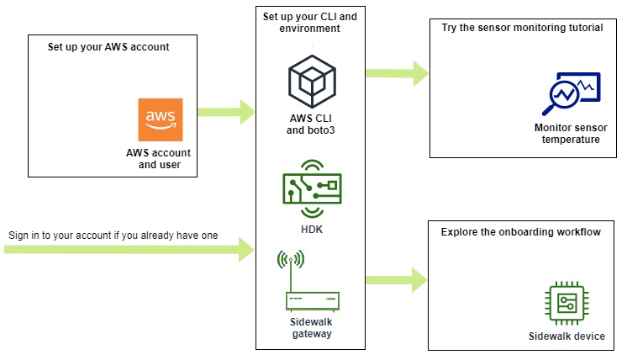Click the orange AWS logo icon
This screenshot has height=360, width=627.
[x=161, y=120]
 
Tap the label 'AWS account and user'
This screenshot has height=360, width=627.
[x=159, y=159]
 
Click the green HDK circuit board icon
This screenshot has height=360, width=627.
[x=312, y=188]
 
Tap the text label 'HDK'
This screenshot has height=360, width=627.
[x=312, y=229]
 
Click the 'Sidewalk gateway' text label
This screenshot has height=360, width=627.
[x=312, y=328]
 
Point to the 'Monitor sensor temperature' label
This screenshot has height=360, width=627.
[x=571, y=134]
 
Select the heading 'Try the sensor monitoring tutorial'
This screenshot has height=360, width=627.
[x=522, y=27]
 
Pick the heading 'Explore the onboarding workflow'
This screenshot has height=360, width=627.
[x=520, y=231]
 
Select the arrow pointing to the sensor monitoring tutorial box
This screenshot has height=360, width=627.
[x=396, y=72]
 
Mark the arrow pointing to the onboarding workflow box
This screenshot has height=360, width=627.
[x=396, y=278]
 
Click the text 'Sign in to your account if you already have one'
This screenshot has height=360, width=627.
[x=113, y=236]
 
